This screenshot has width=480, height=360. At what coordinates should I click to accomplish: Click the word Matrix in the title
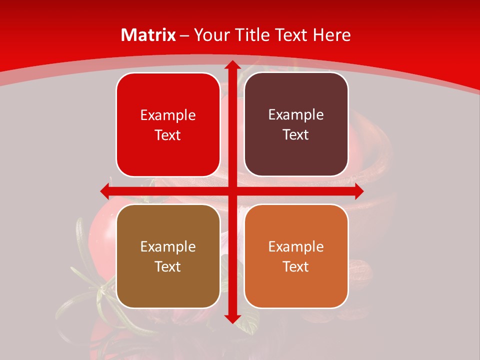(148, 35)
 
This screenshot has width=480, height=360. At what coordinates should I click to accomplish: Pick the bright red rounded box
(168, 124)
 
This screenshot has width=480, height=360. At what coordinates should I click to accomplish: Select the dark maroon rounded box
(296, 124)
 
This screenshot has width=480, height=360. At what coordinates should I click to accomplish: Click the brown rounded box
(168, 256)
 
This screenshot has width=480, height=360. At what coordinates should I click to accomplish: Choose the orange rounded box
(296, 256)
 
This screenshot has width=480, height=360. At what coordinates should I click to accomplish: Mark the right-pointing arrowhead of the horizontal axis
(358, 191)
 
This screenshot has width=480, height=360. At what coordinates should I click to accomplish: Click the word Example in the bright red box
(168, 115)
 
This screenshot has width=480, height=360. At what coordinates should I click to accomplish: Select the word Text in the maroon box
(296, 134)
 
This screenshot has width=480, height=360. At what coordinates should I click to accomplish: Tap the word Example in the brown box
(168, 246)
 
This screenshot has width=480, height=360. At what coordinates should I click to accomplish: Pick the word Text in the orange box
(296, 266)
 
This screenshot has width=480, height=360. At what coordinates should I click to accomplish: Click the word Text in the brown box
(168, 266)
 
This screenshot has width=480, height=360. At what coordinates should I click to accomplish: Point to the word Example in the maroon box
(296, 114)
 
